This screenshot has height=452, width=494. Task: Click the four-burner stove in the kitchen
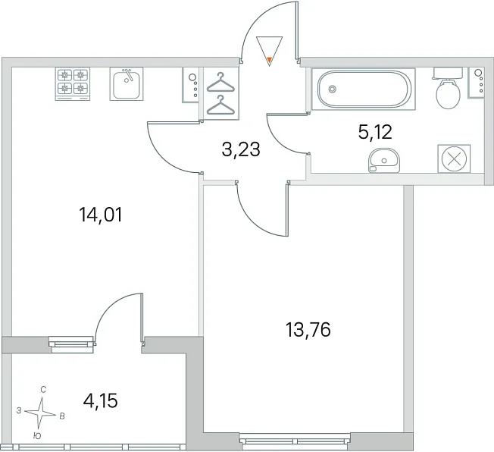tap(73, 84)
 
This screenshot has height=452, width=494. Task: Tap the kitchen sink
tap(127, 84)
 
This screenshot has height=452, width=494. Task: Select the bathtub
tap(364, 89)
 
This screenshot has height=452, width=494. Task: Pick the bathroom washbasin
tap(383, 160)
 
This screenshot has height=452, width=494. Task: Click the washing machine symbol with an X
tap(454, 159)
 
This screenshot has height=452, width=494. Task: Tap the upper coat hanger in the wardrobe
tap(220, 83)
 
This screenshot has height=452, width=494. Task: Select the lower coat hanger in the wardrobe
tap(220, 105)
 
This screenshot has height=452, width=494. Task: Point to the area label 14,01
tap(101, 215)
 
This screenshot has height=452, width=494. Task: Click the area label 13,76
tap(308, 330)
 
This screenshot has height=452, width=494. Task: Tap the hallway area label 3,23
tap(241, 149)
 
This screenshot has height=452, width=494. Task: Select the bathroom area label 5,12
tap(375, 132)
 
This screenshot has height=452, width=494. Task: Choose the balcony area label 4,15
tap(101, 401)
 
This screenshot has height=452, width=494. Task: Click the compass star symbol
tap(41, 413)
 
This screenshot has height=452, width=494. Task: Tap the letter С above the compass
tap(43, 390)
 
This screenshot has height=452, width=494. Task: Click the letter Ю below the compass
tap(37, 436)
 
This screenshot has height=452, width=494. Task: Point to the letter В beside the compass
tap(62, 416)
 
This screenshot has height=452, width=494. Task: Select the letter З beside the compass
tap(19, 411)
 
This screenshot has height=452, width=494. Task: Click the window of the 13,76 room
tap(295, 441)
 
